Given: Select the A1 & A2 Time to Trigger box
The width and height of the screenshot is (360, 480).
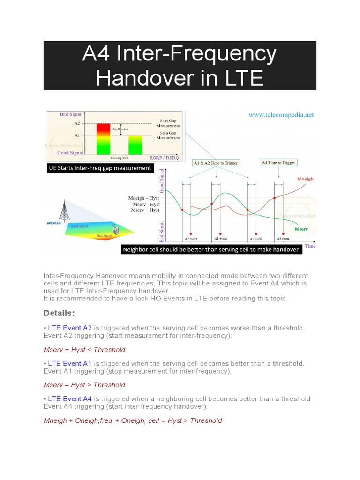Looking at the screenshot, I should [x=216, y=163].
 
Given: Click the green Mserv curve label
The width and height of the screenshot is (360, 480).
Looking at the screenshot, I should [x=301, y=230].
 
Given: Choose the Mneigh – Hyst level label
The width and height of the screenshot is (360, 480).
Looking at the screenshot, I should [x=144, y=198].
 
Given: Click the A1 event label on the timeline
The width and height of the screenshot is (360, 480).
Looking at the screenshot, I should [x=220, y=239].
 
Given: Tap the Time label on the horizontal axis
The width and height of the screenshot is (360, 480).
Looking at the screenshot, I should [x=310, y=246].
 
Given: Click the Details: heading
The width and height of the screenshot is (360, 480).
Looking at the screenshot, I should [x=59, y=313].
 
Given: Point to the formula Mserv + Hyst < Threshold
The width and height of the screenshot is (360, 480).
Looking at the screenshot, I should [x=84, y=349].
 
